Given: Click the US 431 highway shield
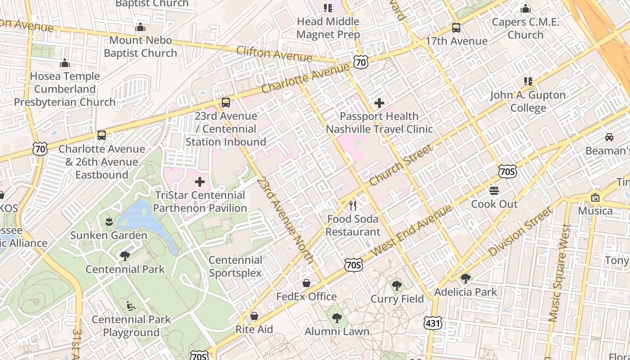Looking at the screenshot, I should point(432,322).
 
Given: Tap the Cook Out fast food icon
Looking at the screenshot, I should point(494,191).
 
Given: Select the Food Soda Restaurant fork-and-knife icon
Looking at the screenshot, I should point(353,206).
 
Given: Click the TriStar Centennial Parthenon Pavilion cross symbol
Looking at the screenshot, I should point(200,182).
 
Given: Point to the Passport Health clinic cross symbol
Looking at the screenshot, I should point(379,103).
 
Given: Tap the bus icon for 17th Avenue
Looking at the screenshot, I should point(456,28).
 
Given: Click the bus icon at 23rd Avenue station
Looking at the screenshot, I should point(226,103).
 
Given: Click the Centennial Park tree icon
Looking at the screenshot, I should point(125,256).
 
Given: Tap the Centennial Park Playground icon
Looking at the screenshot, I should point(131,306).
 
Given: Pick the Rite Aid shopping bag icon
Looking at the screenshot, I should point(254,316).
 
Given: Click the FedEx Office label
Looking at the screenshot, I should point(306,297).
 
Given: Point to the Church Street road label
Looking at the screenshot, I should point(401,165).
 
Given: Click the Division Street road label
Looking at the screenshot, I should point(520,232).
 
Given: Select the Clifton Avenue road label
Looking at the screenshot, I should point(274,54).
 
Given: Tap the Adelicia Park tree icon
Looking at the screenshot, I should point(466,279).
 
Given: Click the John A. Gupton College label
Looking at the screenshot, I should point(528,101).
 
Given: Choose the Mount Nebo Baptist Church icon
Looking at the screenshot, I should point(140,28).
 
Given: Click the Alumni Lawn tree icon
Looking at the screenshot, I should point(337,318).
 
